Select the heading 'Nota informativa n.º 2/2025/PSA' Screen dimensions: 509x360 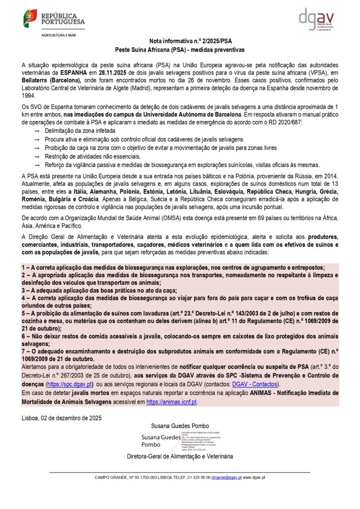(180, 42)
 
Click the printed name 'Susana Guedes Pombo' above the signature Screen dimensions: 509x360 (180, 426)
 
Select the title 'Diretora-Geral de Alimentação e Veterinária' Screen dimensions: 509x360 (180, 456)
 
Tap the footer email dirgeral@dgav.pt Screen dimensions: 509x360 (226, 477)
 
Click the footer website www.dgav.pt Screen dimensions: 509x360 (254, 477)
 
